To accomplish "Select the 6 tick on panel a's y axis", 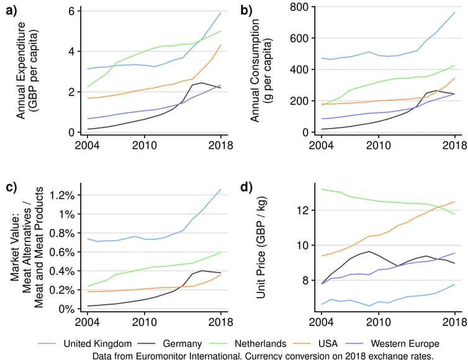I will point(71,11).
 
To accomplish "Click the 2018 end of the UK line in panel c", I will point(220,189).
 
